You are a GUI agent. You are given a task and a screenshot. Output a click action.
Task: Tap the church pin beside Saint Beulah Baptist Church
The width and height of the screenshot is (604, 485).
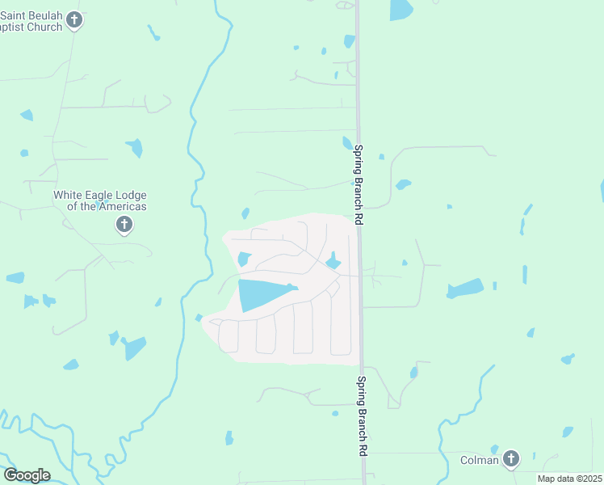point(74,19)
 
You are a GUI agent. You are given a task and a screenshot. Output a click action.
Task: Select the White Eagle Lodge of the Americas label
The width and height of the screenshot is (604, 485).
point(100,200)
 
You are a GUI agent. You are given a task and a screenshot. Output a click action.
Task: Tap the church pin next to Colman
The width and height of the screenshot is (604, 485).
point(510,459)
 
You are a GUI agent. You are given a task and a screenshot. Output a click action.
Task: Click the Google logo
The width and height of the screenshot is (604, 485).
point(27,475)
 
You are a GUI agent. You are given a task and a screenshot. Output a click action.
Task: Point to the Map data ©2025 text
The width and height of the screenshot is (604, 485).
point(569,479)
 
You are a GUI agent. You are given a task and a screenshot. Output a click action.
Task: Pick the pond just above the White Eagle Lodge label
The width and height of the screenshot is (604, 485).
point(135,148)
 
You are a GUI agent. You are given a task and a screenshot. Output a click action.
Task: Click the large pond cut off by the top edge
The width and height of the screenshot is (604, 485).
point(401,9)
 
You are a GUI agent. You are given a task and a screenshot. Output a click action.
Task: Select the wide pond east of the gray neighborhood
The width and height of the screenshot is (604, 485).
point(465,289)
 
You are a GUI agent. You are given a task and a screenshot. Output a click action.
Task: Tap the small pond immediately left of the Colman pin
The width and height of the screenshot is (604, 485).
point(494,450)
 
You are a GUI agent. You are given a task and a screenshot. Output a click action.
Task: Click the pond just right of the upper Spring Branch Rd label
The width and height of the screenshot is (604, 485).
point(403,184)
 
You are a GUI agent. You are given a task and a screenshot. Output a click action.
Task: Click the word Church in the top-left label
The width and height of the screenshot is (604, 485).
point(44,27)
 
